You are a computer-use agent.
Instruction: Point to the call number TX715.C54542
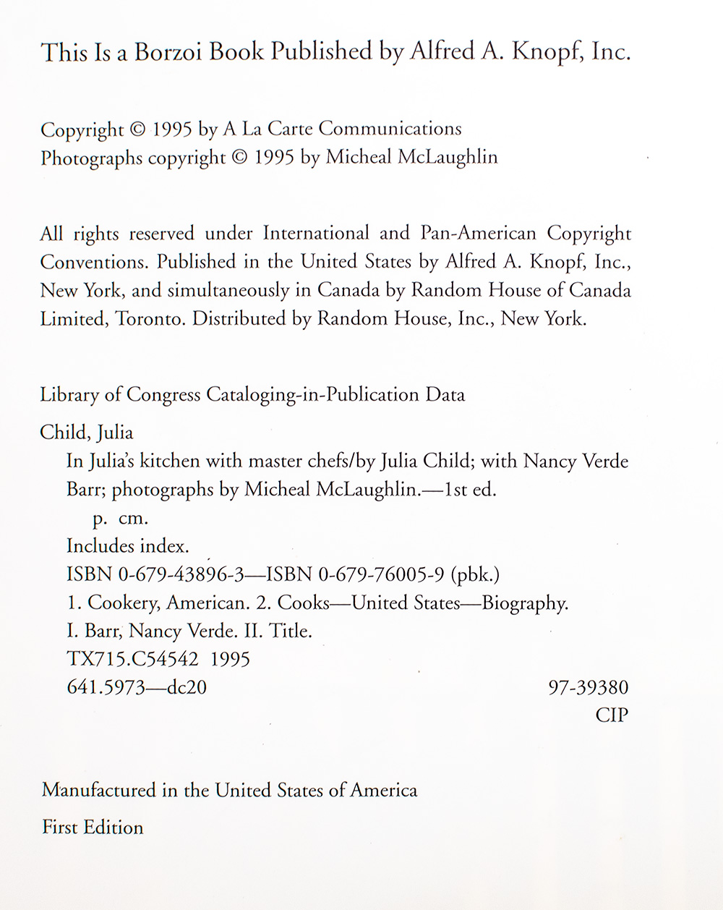point(132,659)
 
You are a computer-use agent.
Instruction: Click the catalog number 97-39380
point(589,687)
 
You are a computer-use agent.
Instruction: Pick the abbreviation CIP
point(612,715)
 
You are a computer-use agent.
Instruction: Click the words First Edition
point(93,827)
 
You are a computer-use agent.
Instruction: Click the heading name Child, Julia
point(87,433)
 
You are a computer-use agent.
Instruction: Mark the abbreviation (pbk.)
point(475,574)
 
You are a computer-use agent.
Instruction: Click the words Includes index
point(127,546)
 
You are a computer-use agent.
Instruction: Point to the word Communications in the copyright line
point(390,129)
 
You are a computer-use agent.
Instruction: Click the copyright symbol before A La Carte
point(137,130)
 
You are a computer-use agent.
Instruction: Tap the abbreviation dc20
point(187,687)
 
